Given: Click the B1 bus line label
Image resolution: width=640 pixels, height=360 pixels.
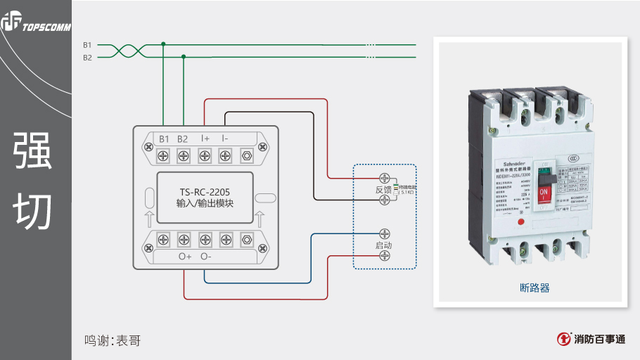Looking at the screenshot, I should [87, 44].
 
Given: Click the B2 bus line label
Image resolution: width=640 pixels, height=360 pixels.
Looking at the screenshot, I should [87, 58].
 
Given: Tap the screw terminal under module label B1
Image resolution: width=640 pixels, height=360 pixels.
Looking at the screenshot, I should [164, 154].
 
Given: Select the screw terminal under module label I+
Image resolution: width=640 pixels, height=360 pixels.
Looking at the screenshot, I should [205, 154].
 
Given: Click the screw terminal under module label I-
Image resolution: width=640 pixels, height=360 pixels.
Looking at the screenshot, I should [225, 154].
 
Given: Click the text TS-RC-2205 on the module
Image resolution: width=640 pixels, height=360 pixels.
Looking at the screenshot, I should [205, 191].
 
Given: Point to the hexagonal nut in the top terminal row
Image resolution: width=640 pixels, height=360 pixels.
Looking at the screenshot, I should [246, 154].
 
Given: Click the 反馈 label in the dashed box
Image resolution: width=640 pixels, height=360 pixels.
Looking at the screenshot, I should [383, 191].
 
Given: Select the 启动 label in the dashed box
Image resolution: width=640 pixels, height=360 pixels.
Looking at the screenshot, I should [383, 245].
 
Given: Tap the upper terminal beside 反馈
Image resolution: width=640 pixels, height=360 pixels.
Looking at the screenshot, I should [385, 179].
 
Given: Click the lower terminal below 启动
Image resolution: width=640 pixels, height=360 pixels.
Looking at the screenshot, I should [385, 257].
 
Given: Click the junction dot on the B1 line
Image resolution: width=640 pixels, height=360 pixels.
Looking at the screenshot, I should [164, 44].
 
